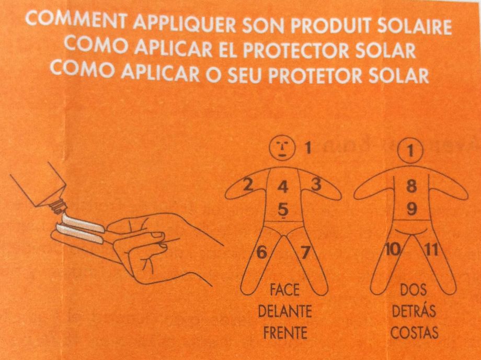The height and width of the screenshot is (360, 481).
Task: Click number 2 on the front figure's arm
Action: click(x=249, y=184)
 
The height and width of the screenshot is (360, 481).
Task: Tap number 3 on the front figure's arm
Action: click(x=316, y=184)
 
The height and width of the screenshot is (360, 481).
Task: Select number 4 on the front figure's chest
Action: click(x=282, y=187)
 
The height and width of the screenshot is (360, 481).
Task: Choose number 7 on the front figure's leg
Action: click(x=305, y=253)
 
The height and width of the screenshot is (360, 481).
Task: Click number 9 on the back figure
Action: click(x=411, y=209)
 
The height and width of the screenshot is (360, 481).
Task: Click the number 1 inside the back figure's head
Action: click(x=411, y=152)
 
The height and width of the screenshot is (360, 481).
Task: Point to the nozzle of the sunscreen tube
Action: click(x=58, y=209)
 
